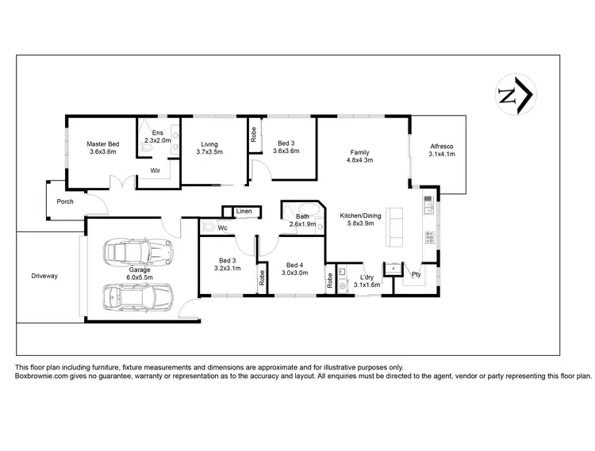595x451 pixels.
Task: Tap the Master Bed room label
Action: pos(102,148)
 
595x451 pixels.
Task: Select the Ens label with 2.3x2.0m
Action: pos(157,136)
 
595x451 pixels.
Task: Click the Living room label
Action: pos(209,148)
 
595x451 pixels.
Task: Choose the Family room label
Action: pos(361,156)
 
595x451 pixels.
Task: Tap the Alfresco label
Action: pos(441,151)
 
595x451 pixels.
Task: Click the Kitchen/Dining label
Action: pos(362,220)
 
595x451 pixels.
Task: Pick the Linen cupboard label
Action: pos(244,212)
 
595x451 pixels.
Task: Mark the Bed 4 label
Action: pos(294,269)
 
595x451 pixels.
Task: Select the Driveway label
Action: pos(44,276)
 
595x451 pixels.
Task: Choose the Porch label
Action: pos(64,201)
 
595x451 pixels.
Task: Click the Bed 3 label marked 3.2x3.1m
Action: pos(227,264)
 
